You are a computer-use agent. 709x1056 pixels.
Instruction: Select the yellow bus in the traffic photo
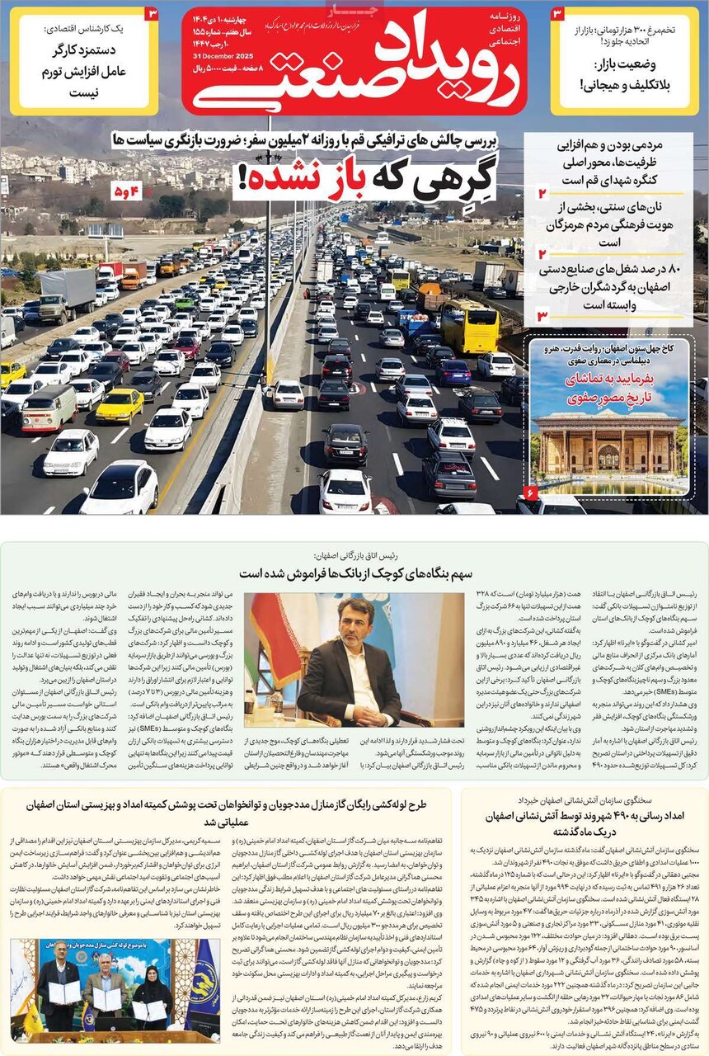pos(469,326)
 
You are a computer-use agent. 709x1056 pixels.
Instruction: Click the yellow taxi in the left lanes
pos(120,405)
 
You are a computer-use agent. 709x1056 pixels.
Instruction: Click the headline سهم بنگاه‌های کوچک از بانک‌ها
pos(354,573)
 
